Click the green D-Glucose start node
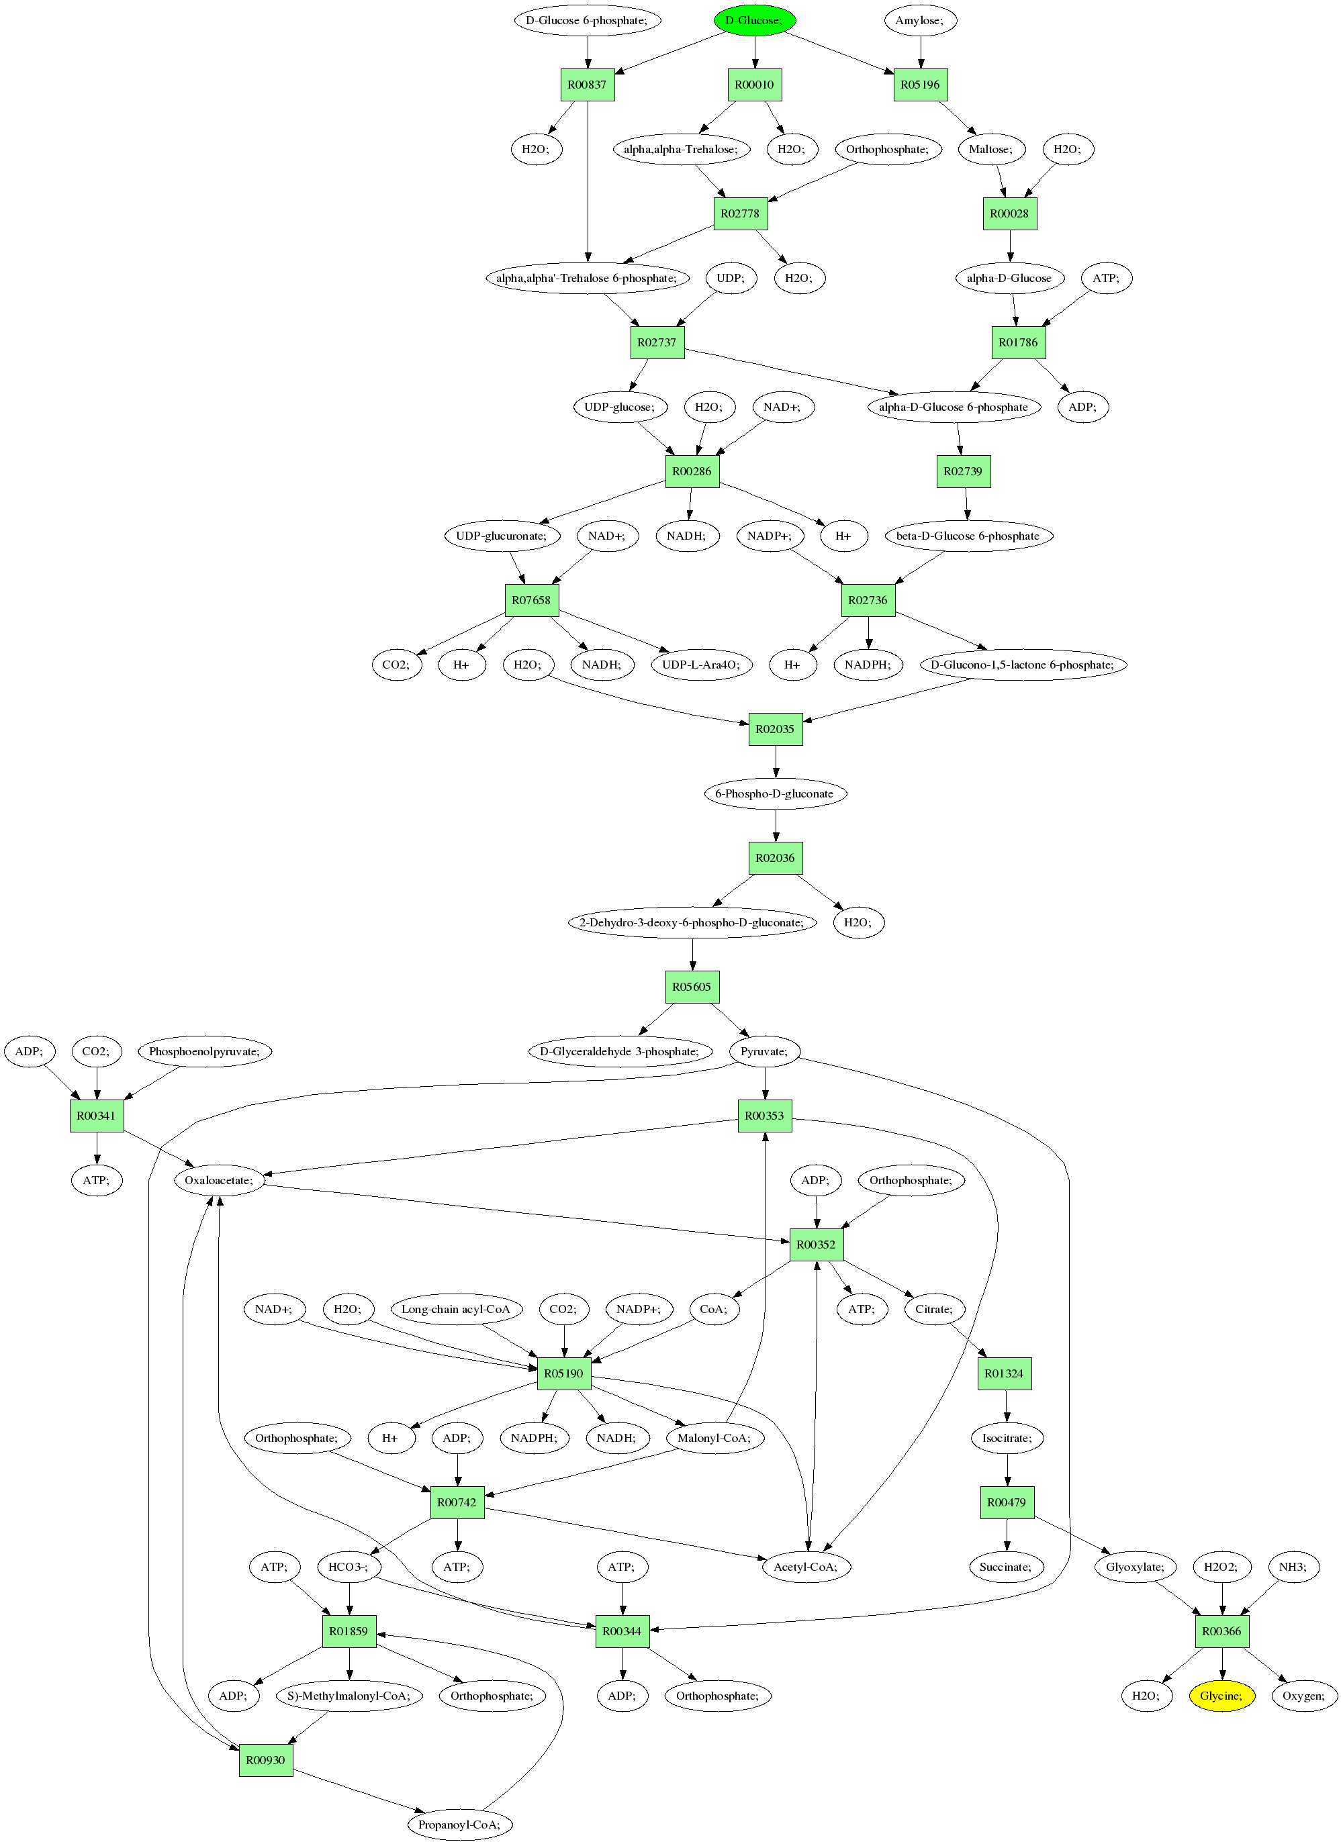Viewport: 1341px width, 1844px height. (x=755, y=20)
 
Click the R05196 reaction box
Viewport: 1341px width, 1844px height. (x=921, y=85)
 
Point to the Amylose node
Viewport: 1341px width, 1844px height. (x=921, y=20)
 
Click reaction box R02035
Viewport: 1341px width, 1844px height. (x=775, y=729)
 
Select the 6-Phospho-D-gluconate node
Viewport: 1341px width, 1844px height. (x=775, y=793)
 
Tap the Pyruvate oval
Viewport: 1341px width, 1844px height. (x=764, y=1051)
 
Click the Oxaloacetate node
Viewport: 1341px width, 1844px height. (x=220, y=1179)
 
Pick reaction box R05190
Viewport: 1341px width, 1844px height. (x=564, y=1373)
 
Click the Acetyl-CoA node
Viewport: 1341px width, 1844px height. (x=806, y=1567)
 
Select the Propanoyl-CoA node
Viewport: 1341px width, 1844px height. (x=460, y=1825)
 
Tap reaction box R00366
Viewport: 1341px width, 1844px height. (x=1222, y=1631)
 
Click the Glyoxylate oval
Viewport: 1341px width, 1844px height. (x=1136, y=1567)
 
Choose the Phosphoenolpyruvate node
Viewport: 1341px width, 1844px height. (x=205, y=1051)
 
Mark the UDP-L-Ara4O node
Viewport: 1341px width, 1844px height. (x=702, y=665)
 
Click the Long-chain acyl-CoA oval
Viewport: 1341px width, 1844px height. (x=456, y=1309)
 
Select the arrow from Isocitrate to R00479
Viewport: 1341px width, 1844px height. (x=1007, y=1470)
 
